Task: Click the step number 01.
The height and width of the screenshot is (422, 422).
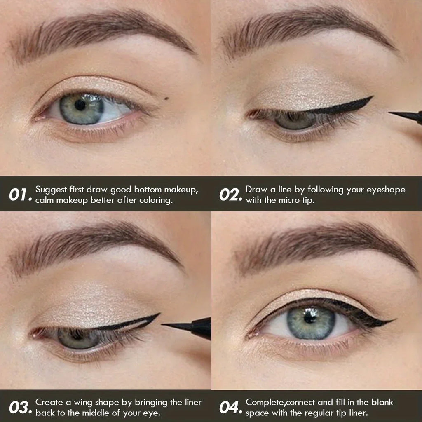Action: (x=19, y=194)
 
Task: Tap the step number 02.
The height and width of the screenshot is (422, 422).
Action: (x=230, y=194)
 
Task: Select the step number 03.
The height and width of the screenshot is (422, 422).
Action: (x=19, y=408)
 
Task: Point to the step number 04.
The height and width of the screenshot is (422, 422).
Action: (x=230, y=408)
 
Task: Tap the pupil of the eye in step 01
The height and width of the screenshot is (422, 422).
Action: (x=80, y=105)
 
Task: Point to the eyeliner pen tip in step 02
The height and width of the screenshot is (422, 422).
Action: (x=392, y=113)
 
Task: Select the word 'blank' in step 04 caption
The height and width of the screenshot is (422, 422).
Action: (x=382, y=402)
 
